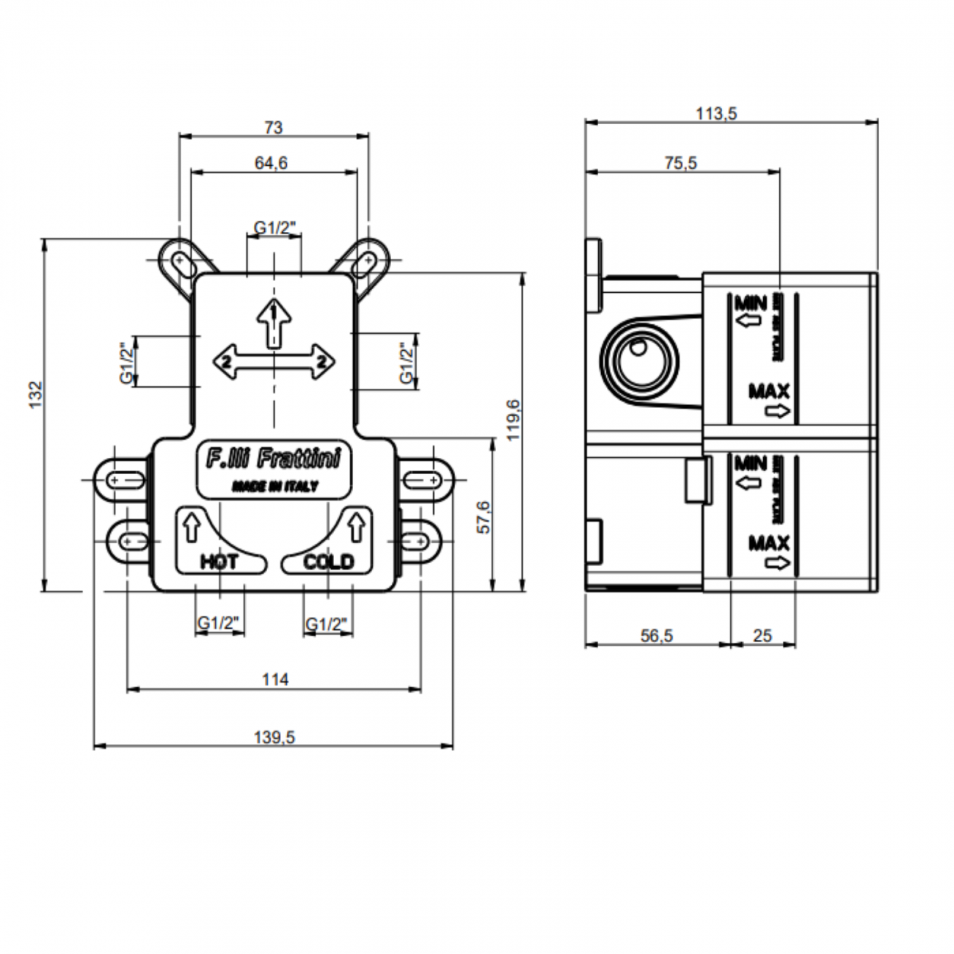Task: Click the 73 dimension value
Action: point(273,128)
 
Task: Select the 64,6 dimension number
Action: point(272,163)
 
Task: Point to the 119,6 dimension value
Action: point(513,420)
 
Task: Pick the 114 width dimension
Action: point(274,680)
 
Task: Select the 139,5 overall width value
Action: point(274,738)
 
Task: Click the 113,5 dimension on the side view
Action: point(716,113)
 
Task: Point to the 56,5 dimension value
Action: point(656,636)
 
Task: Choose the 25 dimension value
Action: point(762,636)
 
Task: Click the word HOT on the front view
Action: point(219,562)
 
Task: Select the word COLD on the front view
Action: point(328,562)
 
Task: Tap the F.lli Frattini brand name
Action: point(273,460)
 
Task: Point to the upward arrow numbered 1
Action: point(274,320)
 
